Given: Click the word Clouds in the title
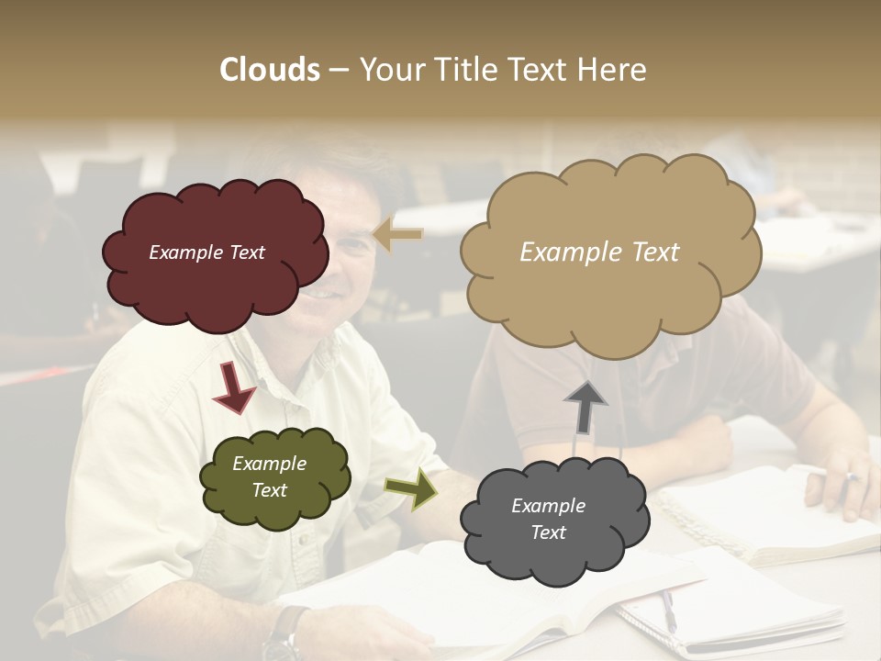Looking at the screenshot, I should (x=270, y=70).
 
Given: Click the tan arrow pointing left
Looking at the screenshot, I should (x=399, y=235).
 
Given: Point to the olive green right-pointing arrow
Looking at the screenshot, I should (x=410, y=487).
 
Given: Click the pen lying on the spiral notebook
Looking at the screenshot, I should (x=669, y=611).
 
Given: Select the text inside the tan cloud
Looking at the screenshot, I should (x=599, y=252).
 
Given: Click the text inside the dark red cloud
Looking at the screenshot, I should (x=206, y=252).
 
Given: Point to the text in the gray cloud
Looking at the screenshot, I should (x=548, y=519).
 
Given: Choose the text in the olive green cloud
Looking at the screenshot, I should (x=269, y=476).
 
